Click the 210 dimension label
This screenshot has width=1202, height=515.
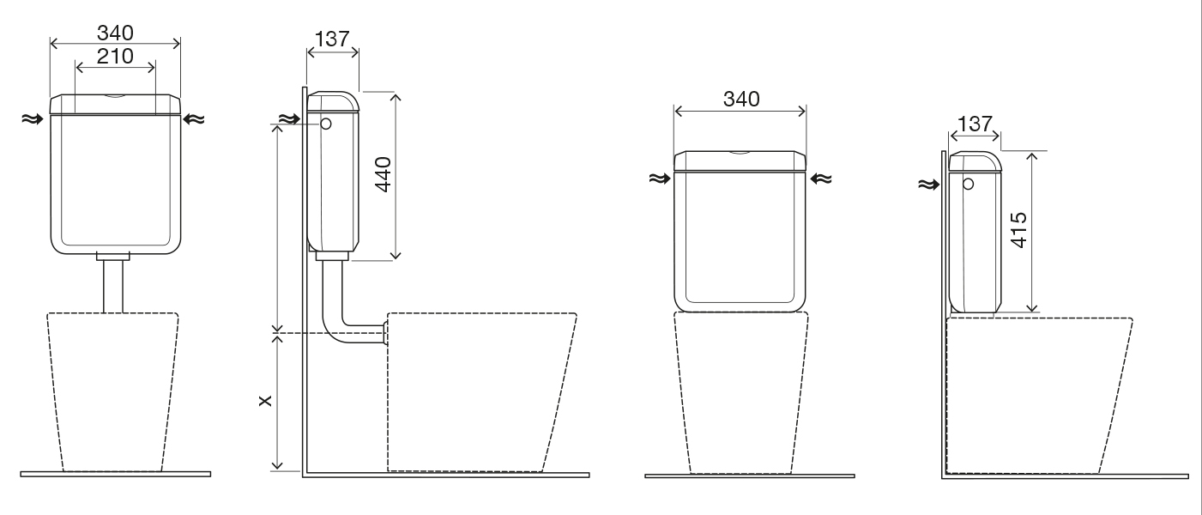point(115,57)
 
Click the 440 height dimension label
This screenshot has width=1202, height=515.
point(384,174)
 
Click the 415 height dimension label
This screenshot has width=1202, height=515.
point(1018,230)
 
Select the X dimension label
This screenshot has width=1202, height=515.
point(265,401)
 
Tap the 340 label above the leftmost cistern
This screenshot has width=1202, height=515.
point(115,33)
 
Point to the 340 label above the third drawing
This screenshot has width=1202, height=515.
point(741,99)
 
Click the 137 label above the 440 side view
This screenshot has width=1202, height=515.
point(332,39)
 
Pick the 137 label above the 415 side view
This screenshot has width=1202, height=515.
point(975,124)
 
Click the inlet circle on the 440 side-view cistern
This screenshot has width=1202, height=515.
point(326,124)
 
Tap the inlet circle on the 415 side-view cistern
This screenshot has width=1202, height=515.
point(968,185)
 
